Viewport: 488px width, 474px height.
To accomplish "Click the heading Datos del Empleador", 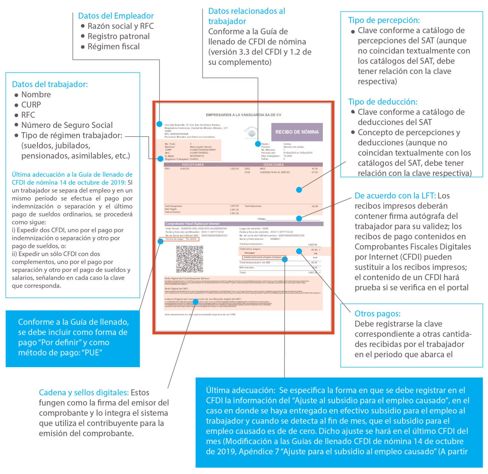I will (x=116, y=16).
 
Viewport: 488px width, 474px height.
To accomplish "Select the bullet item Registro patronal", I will (x=118, y=36).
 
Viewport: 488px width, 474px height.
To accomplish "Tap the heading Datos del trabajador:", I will (x=50, y=84).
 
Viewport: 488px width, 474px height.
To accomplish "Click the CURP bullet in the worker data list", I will (x=31, y=105).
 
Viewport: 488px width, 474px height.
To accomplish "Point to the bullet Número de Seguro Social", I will (x=67, y=125).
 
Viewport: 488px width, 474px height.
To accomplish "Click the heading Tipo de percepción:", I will (x=384, y=20).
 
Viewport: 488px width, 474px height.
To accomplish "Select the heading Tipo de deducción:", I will (x=383, y=102).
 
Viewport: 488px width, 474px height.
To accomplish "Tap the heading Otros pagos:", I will (x=377, y=314).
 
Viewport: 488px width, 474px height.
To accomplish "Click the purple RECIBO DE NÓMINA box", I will (x=297, y=132).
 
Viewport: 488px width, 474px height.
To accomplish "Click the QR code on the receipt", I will (x=190, y=259).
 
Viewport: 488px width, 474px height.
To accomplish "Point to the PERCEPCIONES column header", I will (x=193, y=165).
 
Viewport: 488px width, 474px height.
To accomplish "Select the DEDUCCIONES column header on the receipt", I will (x=273, y=165).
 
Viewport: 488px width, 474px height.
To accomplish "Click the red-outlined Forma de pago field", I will (x=179, y=239).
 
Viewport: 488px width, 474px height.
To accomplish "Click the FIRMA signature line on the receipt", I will (x=290, y=219).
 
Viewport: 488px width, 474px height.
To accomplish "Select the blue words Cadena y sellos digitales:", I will (x=84, y=392).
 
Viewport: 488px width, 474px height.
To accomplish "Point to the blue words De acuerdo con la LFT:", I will (x=395, y=196).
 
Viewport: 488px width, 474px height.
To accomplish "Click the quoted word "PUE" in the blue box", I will (x=92, y=353).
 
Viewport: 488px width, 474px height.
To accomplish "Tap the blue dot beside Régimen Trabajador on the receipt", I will (x=160, y=159).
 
